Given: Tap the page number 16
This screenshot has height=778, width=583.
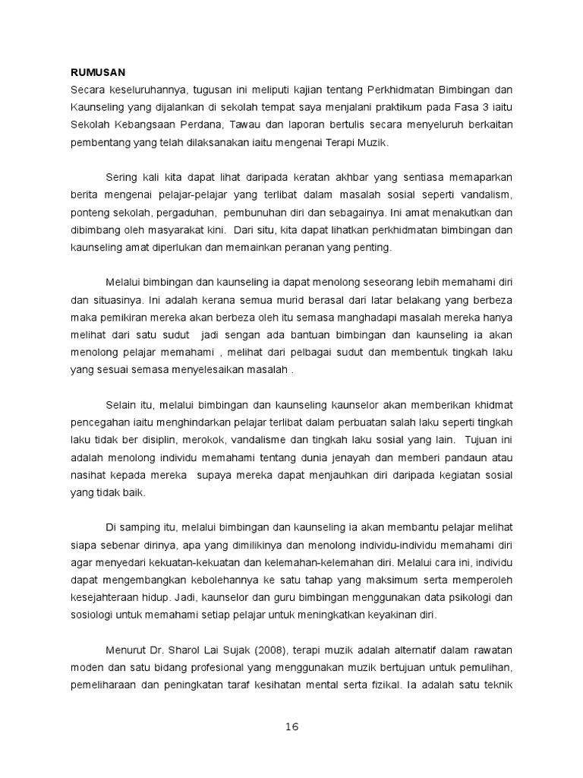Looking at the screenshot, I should tap(292, 726).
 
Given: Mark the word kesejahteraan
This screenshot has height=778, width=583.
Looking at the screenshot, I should tap(105, 596).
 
